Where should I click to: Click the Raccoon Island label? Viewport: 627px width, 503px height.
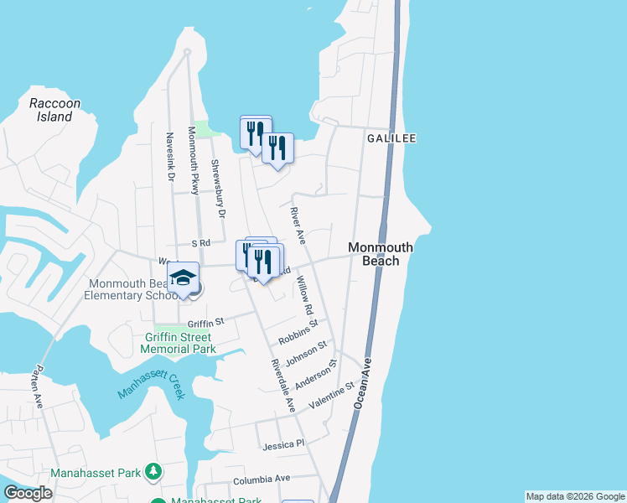click(x=54, y=110)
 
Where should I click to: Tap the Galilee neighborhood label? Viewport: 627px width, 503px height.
click(x=391, y=138)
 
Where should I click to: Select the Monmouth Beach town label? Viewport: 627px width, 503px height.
click(x=380, y=254)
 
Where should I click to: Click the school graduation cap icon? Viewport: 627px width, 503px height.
click(x=183, y=277)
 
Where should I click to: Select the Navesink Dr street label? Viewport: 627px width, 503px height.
click(x=169, y=157)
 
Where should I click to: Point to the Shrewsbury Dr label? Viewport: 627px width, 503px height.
click(x=219, y=189)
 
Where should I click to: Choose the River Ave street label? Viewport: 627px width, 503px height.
click(x=297, y=225)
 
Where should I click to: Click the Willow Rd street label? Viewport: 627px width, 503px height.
click(x=304, y=297)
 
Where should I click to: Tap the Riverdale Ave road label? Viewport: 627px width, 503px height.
click(x=282, y=386)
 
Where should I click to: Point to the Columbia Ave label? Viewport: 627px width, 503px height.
click(x=261, y=480)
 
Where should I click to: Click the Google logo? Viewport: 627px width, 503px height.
click(x=28, y=493)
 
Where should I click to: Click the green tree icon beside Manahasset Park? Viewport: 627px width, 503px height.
click(x=153, y=473)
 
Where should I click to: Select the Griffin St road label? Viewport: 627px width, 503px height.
click(x=206, y=321)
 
